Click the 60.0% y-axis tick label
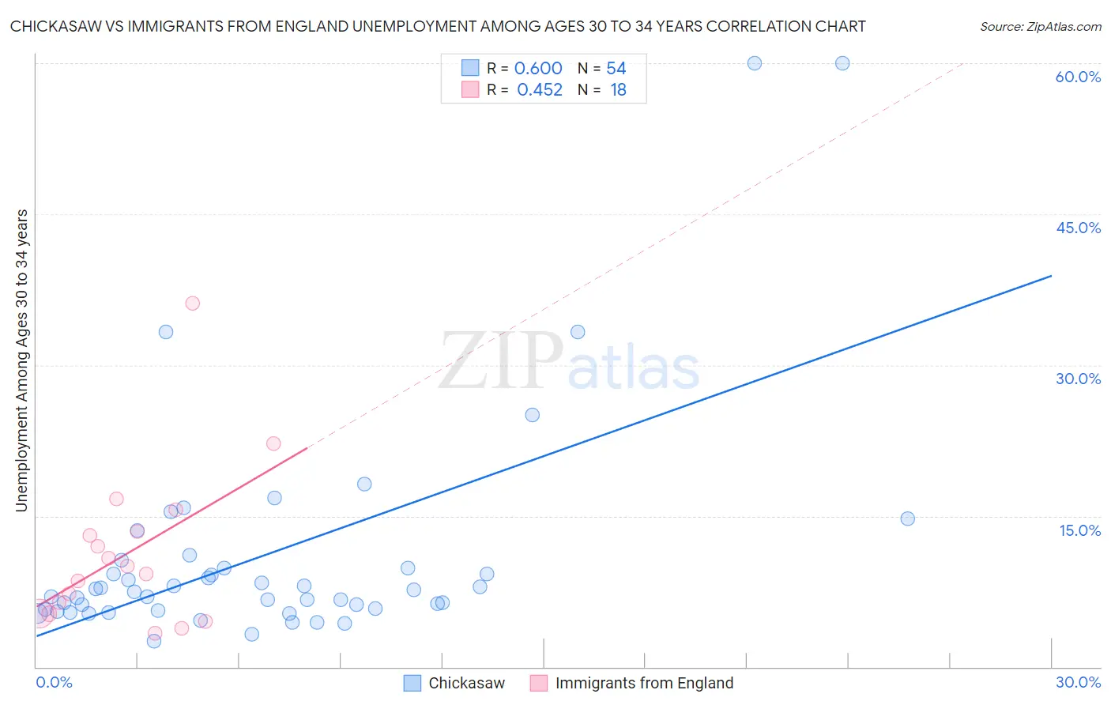[x=1078, y=77]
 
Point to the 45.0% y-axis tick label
[x=1078, y=228]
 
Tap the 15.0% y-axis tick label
[x=1079, y=530]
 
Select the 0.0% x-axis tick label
[x=54, y=682]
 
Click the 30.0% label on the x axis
[x=1078, y=682]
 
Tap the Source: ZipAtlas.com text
[x=1040, y=26]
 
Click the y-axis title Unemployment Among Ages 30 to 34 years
[x=21, y=360]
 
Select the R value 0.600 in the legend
[x=538, y=68]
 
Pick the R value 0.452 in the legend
[x=540, y=90]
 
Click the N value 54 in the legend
[x=616, y=68]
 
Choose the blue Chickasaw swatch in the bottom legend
[x=412, y=683]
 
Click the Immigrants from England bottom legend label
[x=644, y=683]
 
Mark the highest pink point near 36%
[x=192, y=303]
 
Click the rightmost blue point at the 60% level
[x=842, y=63]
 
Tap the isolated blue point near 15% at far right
[x=907, y=518]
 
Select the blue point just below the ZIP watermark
[x=532, y=415]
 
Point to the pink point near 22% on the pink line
[x=273, y=443]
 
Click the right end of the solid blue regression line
[x=1051, y=276]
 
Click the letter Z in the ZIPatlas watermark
[x=465, y=360]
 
